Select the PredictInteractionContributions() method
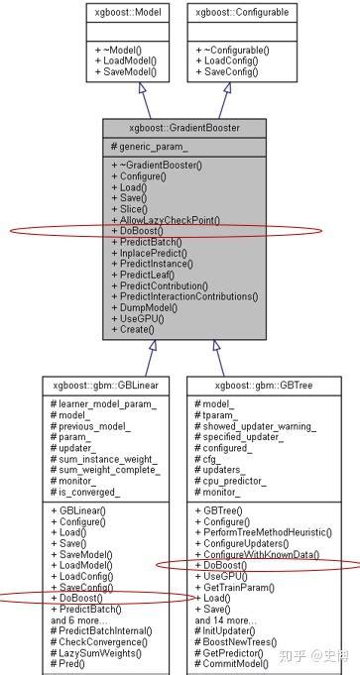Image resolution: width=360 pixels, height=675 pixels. [186, 296]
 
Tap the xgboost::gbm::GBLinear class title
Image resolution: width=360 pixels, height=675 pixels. [100, 383]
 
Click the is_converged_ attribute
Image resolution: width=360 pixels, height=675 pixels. [88, 492]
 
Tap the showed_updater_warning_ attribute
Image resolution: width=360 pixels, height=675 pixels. [259, 426]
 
